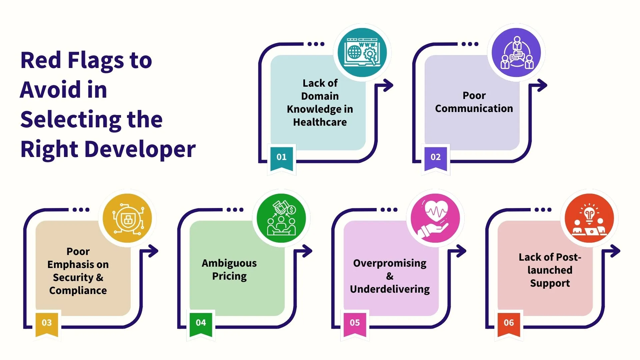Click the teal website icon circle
point(362,53)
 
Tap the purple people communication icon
point(516,53)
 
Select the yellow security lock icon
point(127,218)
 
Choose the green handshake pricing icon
point(281,218)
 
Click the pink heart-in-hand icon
point(435,218)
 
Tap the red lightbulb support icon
point(589,218)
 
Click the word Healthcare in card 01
point(320,122)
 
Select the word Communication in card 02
point(474,109)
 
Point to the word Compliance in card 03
point(78,291)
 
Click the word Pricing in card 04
point(229,276)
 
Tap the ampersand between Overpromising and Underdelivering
point(390,276)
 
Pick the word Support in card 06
point(550,283)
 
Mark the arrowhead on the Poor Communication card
point(542,86)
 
